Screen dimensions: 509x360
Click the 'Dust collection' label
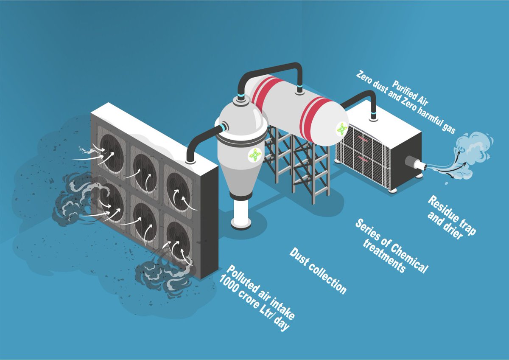point(318,271)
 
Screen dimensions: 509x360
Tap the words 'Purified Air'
point(410,93)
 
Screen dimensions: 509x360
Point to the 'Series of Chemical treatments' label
point(391,246)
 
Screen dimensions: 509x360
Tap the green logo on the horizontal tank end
point(341,129)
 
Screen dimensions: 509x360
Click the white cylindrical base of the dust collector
point(241,214)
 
